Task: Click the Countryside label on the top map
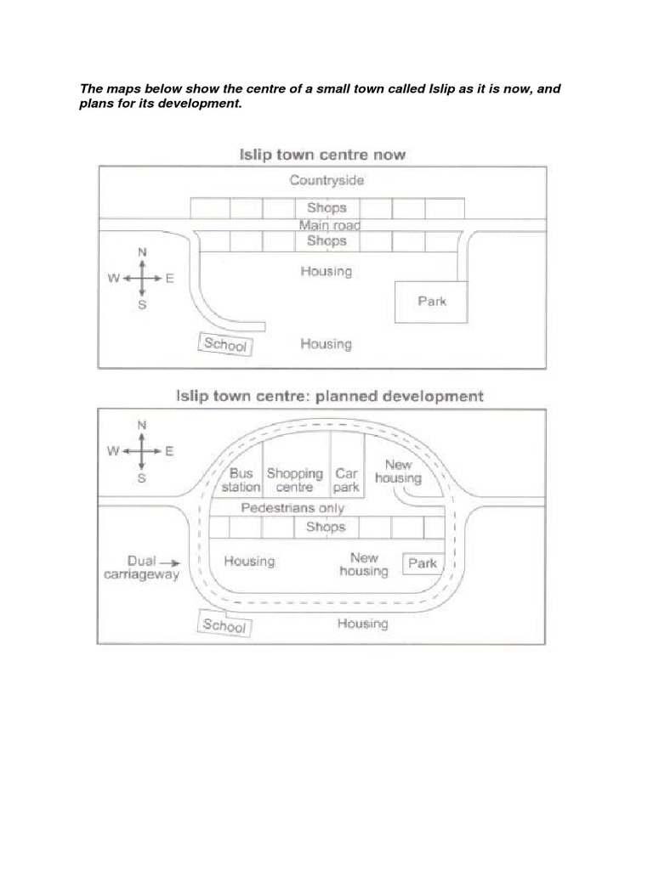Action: [326, 180]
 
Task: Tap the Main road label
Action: [329, 225]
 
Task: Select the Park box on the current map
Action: [431, 301]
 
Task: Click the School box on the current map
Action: [226, 345]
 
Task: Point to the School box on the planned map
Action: [224, 625]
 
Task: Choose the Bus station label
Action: [239, 480]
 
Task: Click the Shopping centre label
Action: [295, 480]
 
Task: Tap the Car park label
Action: [346, 480]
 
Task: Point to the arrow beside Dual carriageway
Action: [170, 562]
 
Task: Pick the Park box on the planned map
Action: [423, 563]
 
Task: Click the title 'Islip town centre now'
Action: [320, 155]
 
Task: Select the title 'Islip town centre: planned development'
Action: [329, 396]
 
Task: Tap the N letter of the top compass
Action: [142, 252]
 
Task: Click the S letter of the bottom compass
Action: [142, 478]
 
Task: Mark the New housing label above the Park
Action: [363, 565]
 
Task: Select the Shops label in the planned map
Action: [326, 527]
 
